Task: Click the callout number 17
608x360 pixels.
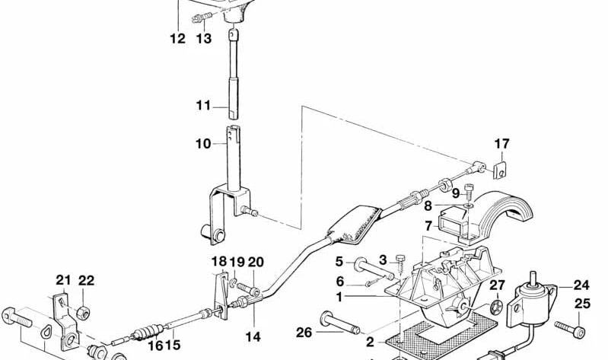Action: pyautogui.click(x=501, y=144)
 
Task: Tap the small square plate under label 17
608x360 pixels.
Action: pyautogui.click(x=500, y=170)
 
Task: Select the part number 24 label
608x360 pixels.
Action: pyautogui.click(x=581, y=285)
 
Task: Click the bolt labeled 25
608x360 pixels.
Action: pyautogui.click(x=570, y=329)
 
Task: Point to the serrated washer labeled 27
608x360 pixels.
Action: pyautogui.click(x=496, y=307)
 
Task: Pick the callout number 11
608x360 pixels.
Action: pyautogui.click(x=203, y=105)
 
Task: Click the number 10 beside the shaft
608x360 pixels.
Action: pyautogui.click(x=203, y=144)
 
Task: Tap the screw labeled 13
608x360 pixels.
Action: pyautogui.click(x=202, y=18)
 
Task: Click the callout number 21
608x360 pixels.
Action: pyautogui.click(x=64, y=279)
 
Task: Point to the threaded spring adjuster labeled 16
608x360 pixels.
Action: pyautogui.click(x=149, y=333)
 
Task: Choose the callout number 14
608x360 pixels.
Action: pyautogui.click(x=253, y=336)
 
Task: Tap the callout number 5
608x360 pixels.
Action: pyautogui.click(x=339, y=262)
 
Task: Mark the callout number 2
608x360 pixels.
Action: pyautogui.click(x=371, y=342)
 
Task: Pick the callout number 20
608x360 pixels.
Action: pyautogui.click(x=256, y=263)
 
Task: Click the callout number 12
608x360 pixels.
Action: pyautogui.click(x=177, y=39)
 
